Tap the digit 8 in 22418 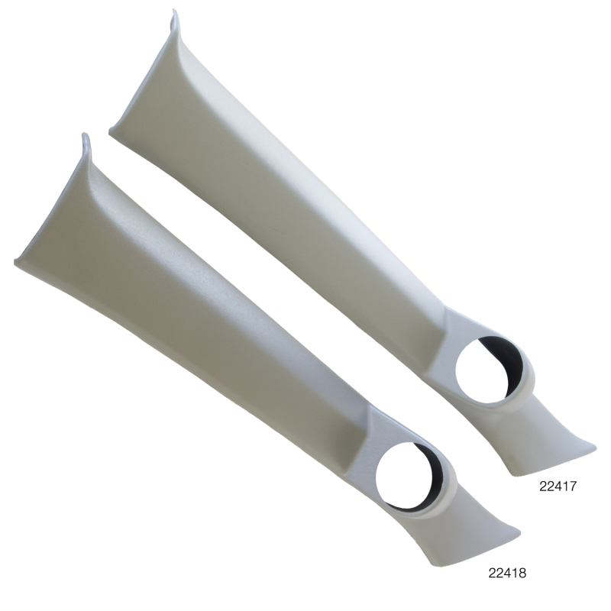point(522,571)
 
